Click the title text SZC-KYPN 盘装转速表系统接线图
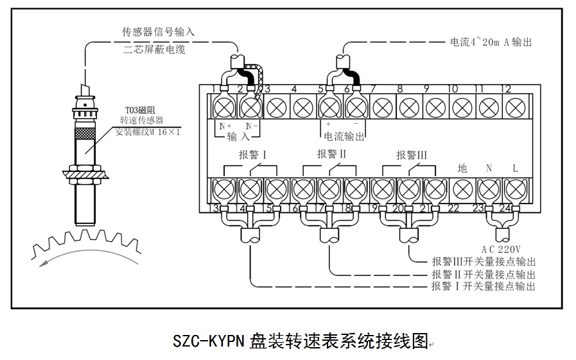pos(300,340)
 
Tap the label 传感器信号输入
pos(158,31)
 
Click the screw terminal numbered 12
pos(514,105)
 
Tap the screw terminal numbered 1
pos(223,105)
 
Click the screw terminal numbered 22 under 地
pos(462,189)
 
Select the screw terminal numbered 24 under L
pos(514,189)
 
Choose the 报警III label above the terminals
pos(411,155)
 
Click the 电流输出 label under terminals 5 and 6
pos(344,136)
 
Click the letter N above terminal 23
pos(489,168)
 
